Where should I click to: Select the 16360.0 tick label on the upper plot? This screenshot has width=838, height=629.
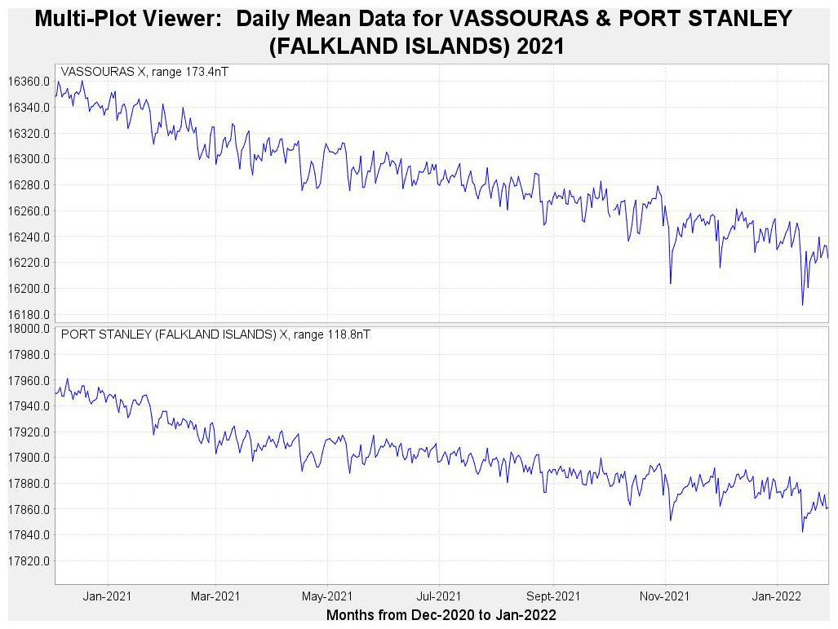pyautogui.click(x=29, y=82)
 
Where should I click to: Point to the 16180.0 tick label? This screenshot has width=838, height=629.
pyautogui.click(x=29, y=315)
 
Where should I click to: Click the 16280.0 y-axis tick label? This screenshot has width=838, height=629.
pyautogui.click(x=29, y=185)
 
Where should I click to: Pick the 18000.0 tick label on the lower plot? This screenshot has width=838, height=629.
pyautogui.click(x=29, y=329)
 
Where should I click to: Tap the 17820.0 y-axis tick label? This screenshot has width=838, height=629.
pyautogui.click(x=29, y=561)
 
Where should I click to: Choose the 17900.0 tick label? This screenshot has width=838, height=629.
pyautogui.click(x=29, y=458)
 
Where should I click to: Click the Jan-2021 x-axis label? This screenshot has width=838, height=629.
pyautogui.click(x=107, y=596)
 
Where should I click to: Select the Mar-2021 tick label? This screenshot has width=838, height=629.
pyautogui.click(x=216, y=596)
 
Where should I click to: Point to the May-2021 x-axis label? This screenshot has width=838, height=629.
pyautogui.click(x=327, y=596)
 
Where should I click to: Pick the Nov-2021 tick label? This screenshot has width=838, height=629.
pyautogui.click(x=665, y=596)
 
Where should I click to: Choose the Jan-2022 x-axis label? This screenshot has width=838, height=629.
pyautogui.click(x=776, y=596)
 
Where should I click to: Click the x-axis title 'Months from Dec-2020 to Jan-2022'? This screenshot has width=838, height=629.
pyautogui.click(x=441, y=614)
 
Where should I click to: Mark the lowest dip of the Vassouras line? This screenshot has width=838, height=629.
pyautogui.click(x=802, y=305)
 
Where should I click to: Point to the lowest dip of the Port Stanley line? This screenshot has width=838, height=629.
pyautogui.click(x=802, y=532)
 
